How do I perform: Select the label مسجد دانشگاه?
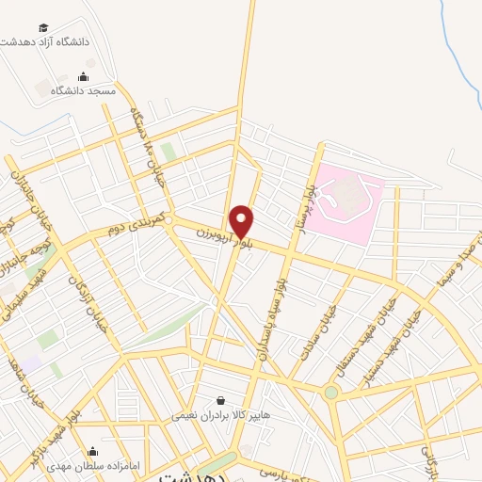click(82, 90)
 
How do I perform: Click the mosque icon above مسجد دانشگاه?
click(83, 77)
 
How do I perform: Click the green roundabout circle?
click(331, 393)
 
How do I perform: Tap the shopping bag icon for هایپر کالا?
click(220, 400)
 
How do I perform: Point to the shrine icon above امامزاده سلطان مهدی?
click(92, 451)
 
